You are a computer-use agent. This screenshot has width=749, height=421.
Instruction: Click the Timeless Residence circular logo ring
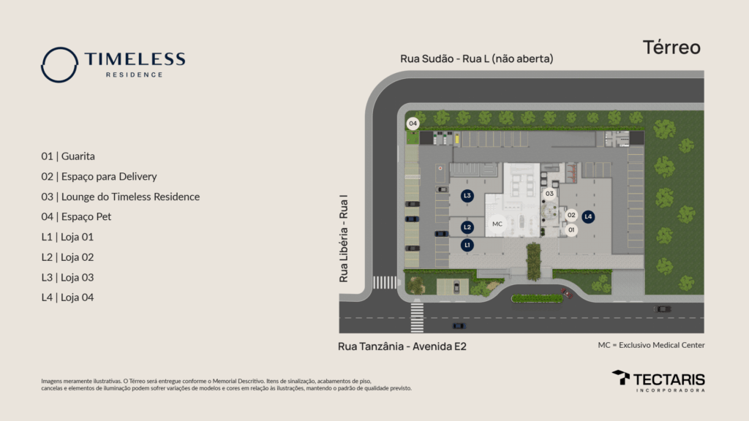(x=59, y=64)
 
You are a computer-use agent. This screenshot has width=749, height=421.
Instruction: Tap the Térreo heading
(x=671, y=48)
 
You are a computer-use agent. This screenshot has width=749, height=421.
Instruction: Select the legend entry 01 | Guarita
(x=68, y=156)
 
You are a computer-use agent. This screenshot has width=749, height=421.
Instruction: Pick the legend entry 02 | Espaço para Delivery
(x=99, y=176)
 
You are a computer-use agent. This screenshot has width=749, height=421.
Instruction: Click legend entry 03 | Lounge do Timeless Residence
(x=120, y=197)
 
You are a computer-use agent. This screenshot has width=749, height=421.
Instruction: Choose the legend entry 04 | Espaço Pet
(x=76, y=216)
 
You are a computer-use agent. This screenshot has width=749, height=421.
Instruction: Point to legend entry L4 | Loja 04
(x=67, y=297)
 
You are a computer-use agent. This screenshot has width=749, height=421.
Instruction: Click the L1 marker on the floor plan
(x=467, y=245)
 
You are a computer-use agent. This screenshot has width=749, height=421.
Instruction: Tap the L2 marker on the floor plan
(x=467, y=227)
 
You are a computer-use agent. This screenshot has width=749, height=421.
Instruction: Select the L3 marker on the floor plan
(x=467, y=196)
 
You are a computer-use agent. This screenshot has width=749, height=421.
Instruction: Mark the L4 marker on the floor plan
(x=588, y=217)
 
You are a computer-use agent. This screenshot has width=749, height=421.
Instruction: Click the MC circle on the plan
(x=497, y=224)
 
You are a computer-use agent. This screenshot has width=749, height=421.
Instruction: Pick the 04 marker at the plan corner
(x=413, y=124)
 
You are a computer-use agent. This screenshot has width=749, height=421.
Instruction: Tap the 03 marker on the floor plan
(x=550, y=194)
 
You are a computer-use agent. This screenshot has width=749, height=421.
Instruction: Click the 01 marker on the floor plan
(x=571, y=230)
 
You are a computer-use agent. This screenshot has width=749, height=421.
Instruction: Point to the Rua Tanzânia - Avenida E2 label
(x=402, y=346)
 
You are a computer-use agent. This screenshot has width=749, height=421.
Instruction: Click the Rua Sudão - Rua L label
(x=476, y=58)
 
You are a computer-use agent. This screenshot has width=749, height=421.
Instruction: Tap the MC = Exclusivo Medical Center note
(x=651, y=345)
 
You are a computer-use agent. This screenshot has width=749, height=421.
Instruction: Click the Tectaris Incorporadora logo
(x=658, y=380)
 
